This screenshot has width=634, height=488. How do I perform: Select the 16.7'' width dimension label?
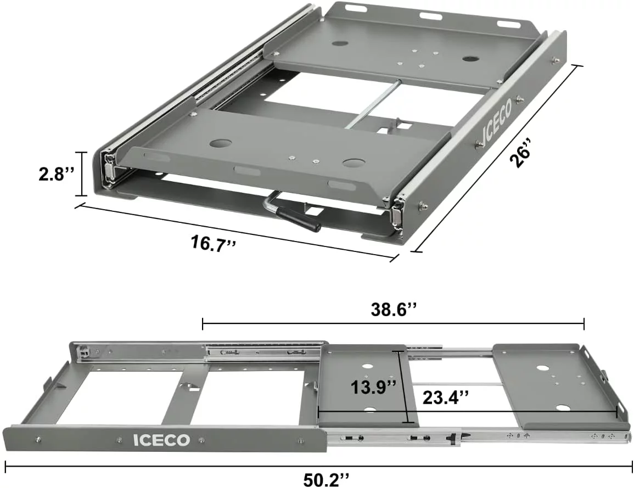pyautogui.click(x=213, y=242)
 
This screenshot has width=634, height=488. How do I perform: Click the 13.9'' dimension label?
pyautogui.click(x=374, y=387)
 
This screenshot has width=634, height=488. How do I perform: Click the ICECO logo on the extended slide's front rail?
pyautogui.click(x=161, y=440)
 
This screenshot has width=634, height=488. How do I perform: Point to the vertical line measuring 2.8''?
pyautogui.click(x=82, y=174)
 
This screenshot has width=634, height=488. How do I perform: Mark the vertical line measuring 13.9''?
pyautogui.click(x=407, y=384)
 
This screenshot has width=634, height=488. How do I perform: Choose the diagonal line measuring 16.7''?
pyautogui.click(x=236, y=231)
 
